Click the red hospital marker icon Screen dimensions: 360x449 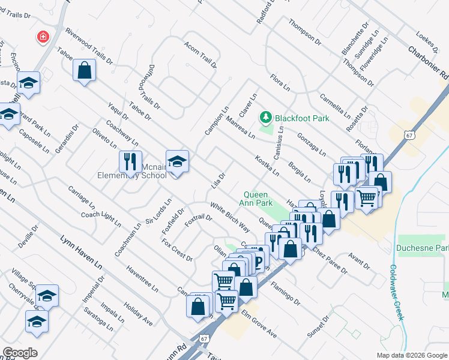click(43, 38)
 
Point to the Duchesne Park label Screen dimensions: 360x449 click(423, 248)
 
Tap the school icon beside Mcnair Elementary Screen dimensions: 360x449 click(177, 161)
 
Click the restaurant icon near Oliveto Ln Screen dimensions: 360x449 click(129, 160)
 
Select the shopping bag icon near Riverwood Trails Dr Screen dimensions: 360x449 click(85, 70)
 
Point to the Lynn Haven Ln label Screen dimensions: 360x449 click(81, 252)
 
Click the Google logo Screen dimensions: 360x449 click(20, 353)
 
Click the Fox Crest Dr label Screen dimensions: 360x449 click(178, 250)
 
